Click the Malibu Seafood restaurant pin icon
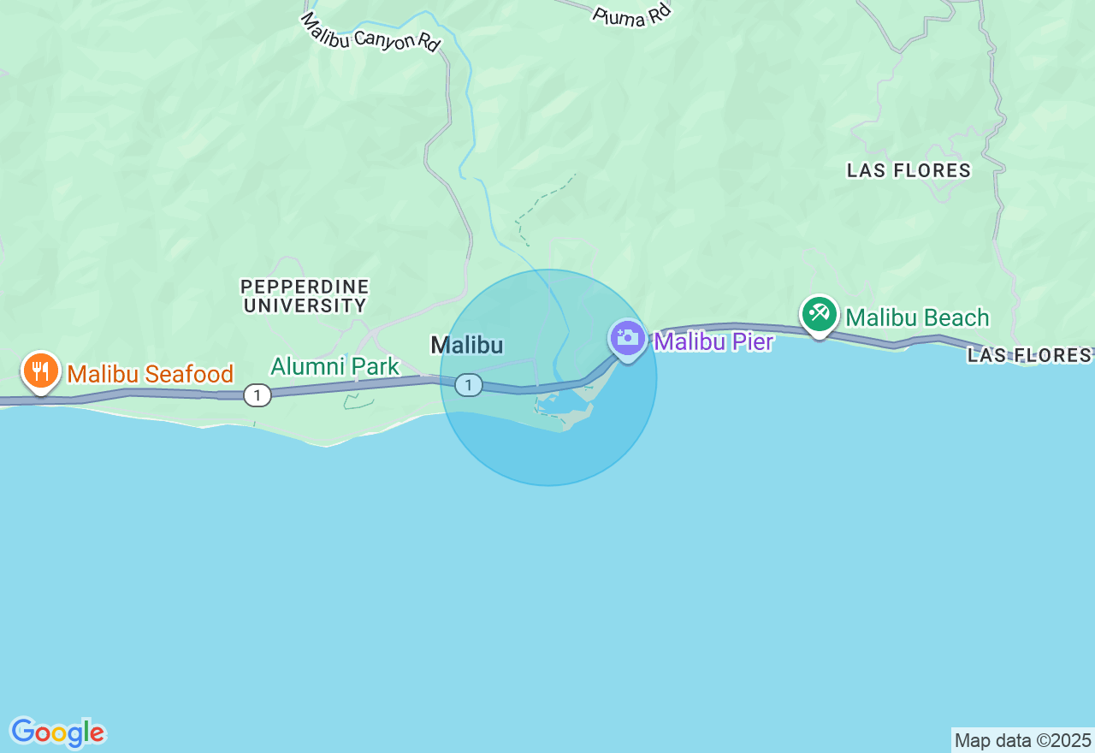pyautogui.click(x=40, y=371)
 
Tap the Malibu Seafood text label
pyautogui.click(x=151, y=374)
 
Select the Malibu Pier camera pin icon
pyautogui.click(x=628, y=337)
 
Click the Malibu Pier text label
pyautogui.click(x=713, y=341)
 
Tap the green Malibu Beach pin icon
pyautogui.click(x=819, y=313)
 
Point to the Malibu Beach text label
pyautogui.click(x=917, y=317)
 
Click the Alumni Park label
pyautogui.click(x=334, y=366)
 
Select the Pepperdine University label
pyautogui.click(x=305, y=296)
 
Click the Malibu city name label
pyautogui.click(x=466, y=345)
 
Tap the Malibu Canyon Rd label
pyautogui.click(x=370, y=32)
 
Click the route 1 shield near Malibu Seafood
pyautogui.click(x=257, y=394)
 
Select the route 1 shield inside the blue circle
pyautogui.click(x=468, y=385)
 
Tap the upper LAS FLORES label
pyautogui.click(x=909, y=170)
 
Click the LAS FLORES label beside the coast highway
pyautogui.click(x=1029, y=354)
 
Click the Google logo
pyautogui.click(x=57, y=732)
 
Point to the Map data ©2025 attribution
pyautogui.click(x=1022, y=740)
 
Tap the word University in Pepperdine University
pyautogui.click(x=305, y=305)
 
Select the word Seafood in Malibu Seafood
pyautogui.click(x=193, y=374)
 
